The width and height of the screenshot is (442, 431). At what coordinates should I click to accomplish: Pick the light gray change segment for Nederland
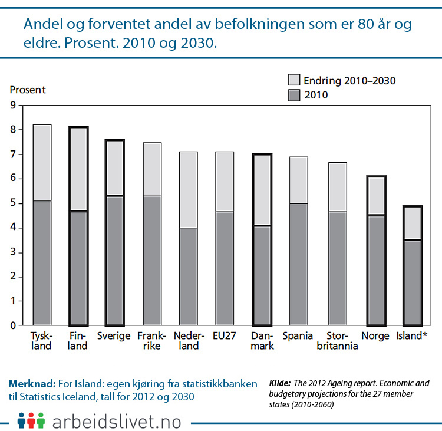coord(189,190)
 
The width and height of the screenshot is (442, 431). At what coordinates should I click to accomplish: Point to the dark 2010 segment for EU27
coord(224,268)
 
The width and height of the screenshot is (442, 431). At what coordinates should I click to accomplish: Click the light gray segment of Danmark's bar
coord(262,190)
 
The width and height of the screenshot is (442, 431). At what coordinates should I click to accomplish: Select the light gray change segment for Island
coord(412,223)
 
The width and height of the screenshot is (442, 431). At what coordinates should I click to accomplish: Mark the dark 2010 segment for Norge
coord(375,270)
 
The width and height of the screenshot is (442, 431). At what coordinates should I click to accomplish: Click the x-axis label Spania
coord(298,336)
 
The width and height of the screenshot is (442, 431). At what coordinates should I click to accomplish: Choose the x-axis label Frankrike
coord(152,341)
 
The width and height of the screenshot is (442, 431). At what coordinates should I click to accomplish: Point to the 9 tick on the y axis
coord(12,106)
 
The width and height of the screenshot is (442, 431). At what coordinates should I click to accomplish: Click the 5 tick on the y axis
coord(12,203)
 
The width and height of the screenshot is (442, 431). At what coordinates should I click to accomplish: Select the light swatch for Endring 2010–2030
coord(294,80)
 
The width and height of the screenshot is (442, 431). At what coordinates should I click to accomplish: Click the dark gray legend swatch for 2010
coord(294,94)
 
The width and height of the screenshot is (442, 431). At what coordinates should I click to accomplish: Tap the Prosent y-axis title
coord(28,90)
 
